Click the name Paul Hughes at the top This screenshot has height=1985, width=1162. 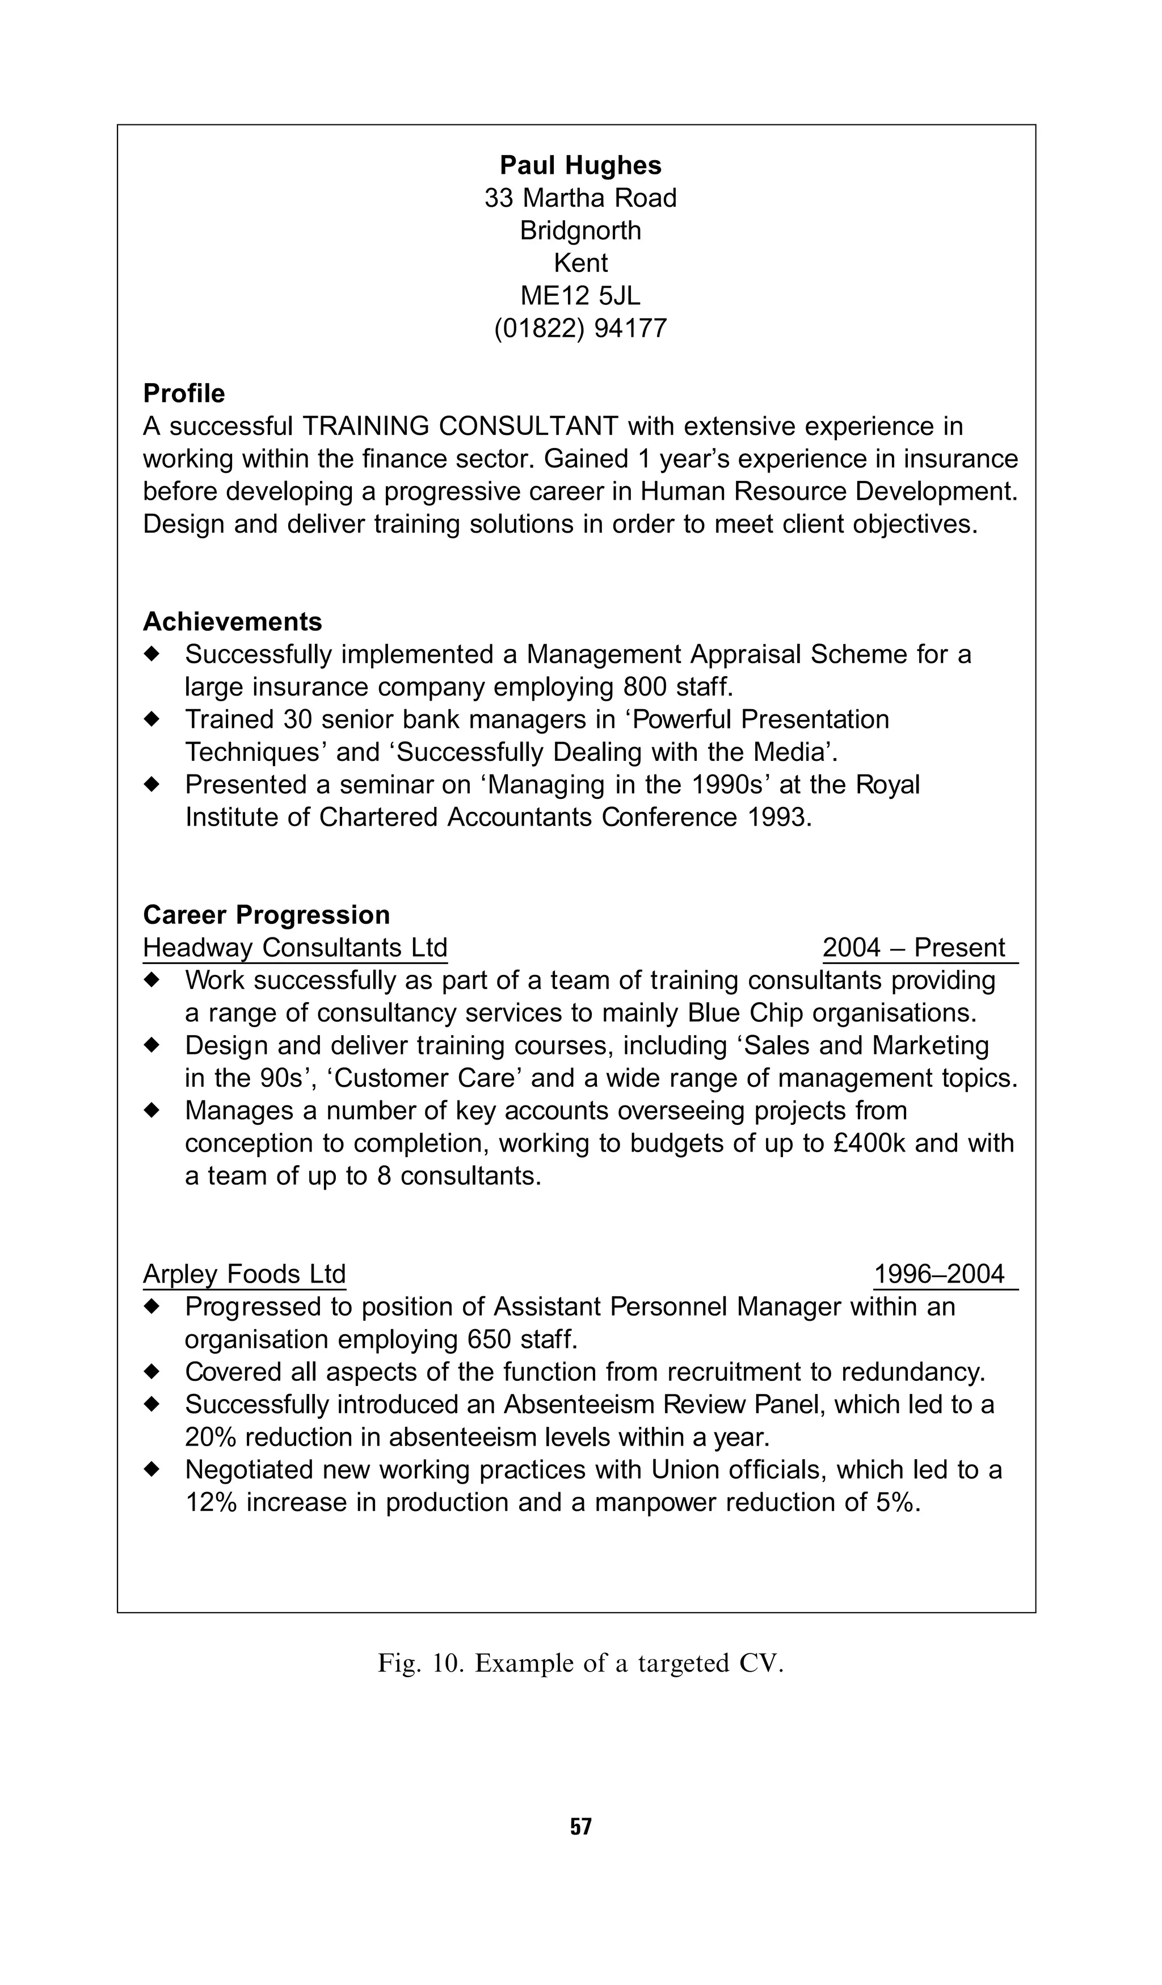click(580, 165)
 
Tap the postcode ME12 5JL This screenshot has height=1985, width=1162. click(580, 295)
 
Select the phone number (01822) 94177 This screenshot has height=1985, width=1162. click(580, 328)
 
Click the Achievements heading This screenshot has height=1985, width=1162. click(232, 622)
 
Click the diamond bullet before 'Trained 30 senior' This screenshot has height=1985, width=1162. click(152, 719)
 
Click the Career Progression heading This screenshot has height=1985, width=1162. click(266, 915)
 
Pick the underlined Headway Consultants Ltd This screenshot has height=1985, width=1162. click(295, 948)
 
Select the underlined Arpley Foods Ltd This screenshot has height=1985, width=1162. click(244, 1274)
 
